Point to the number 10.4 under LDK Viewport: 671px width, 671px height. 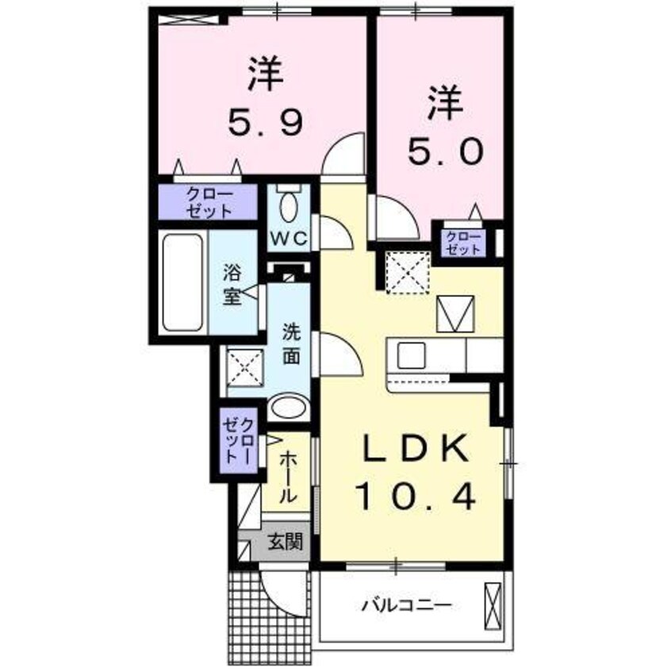tap(415, 497)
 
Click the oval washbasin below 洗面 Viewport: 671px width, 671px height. tap(287, 409)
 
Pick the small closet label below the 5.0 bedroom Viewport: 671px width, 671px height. tap(462, 241)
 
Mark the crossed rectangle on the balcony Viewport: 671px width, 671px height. tap(492, 606)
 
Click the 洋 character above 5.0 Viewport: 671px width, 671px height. tap(444, 105)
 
